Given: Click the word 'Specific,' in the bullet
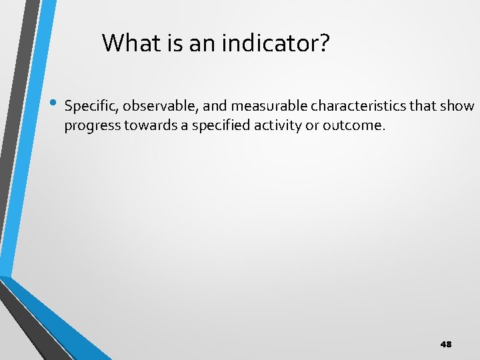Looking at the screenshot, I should tap(89, 106).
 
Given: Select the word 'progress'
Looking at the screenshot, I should tap(89, 125).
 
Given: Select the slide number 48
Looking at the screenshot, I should tap(446, 344).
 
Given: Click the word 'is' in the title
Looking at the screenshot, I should tap(172, 43).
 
